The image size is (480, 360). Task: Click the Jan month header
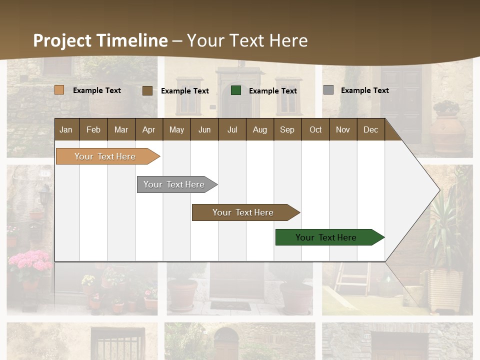coord(66,130)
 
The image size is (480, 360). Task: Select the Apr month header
coord(148,130)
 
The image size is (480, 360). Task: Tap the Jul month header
coord(232,130)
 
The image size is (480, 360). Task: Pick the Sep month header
coord(287,130)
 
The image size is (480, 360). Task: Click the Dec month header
coord(370,130)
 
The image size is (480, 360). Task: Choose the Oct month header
coord(315,130)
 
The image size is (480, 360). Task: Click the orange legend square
coord(59,90)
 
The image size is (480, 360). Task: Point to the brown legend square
coord(147,90)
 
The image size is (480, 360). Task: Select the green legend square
coord(236,90)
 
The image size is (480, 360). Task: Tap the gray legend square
coord(328,90)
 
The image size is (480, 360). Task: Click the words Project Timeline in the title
coord(100,40)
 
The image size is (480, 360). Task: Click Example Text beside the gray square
coord(364,90)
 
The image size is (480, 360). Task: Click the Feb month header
coord(93,130)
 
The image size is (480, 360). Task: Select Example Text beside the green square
coord(272,91)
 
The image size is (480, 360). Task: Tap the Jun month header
coord(204,130)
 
